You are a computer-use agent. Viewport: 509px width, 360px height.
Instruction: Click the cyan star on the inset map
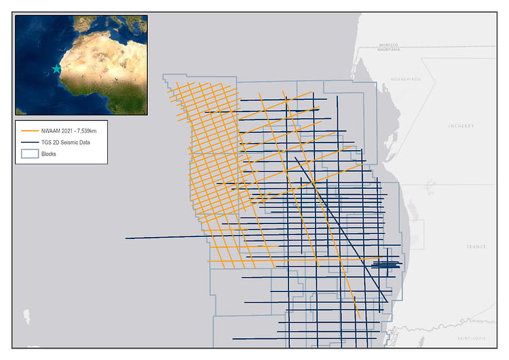56,69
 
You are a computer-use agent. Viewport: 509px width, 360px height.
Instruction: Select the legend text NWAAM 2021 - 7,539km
67,131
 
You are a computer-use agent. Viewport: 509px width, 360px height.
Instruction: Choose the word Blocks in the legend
48,154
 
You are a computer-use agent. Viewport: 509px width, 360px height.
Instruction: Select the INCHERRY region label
461,126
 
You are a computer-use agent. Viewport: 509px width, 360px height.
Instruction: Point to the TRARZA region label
476,247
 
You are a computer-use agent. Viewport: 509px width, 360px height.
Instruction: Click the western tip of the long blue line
126,238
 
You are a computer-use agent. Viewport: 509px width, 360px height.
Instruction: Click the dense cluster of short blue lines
388,264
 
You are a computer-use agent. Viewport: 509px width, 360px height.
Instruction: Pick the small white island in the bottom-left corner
26,317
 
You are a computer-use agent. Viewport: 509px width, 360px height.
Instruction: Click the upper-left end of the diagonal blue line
295,158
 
